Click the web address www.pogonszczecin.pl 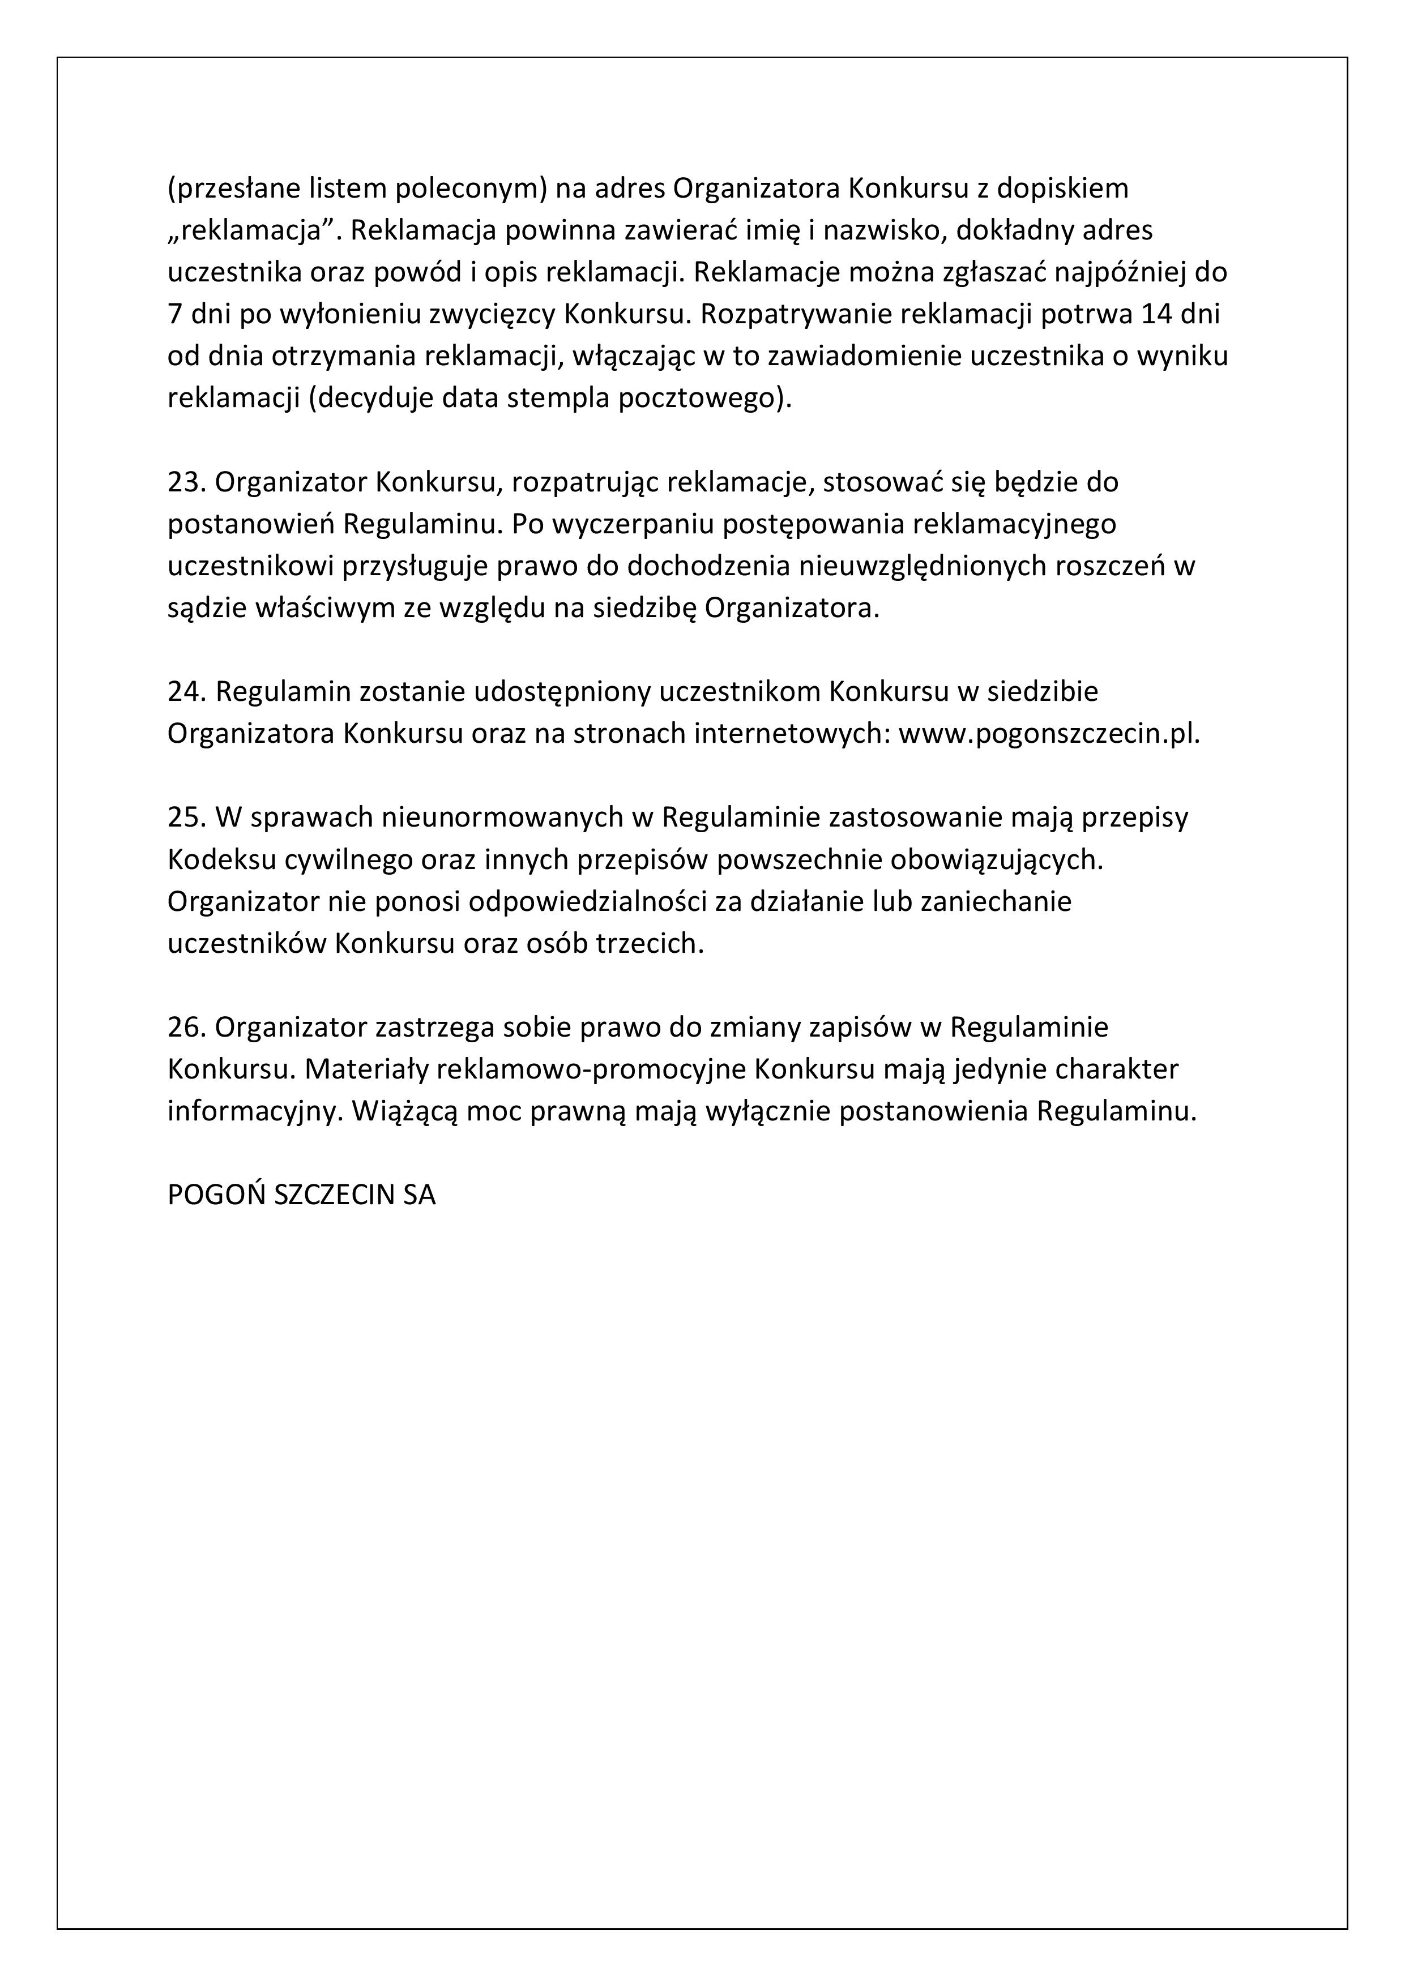[1049, 734]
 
